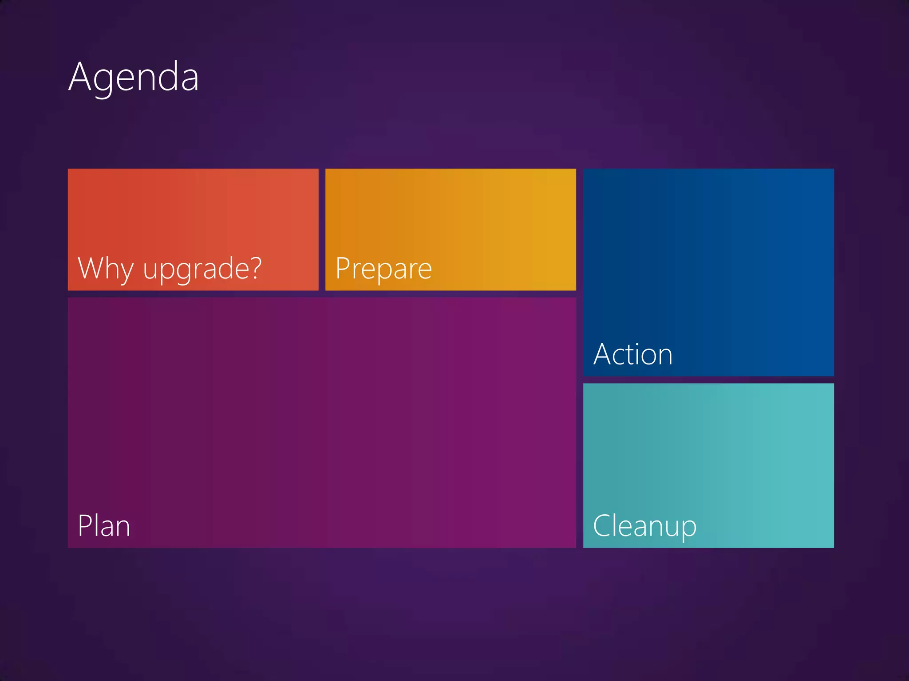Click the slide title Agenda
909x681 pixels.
(134, 78)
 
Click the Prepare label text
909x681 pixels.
(383, 269)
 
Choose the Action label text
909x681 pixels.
(633, 354)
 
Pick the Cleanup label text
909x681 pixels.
(644, 526)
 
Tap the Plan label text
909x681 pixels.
(104, 526)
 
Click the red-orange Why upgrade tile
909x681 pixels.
(193, 213)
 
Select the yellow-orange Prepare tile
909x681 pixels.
(451, 213)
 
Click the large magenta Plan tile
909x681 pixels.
(322, 412)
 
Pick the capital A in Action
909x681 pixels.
(604, 354)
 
